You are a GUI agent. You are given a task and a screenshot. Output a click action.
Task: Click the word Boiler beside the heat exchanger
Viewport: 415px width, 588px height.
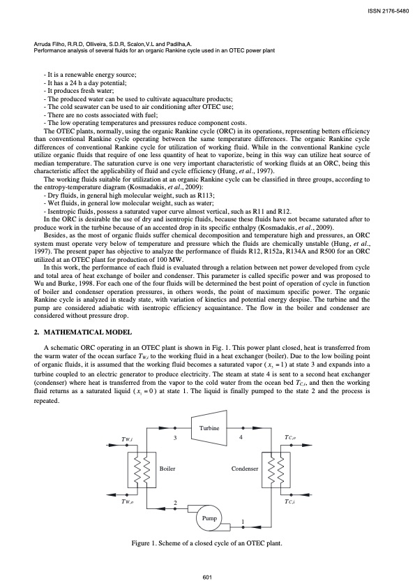tap(167, 468)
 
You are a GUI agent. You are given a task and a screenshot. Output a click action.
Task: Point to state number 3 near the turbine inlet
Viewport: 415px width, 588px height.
tap(176, 437)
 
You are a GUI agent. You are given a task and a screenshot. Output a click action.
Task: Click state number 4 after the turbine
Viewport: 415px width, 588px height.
tap(241, 437)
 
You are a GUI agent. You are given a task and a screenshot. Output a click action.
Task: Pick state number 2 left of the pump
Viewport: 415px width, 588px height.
tap(175, 503)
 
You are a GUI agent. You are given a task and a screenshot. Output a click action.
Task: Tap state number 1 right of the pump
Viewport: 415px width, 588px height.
tap(242, 522)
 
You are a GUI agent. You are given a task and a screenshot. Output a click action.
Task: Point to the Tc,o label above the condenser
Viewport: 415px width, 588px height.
tap(291, 438)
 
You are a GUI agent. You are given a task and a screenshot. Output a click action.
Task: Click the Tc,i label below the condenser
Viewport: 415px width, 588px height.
tap(290, 501)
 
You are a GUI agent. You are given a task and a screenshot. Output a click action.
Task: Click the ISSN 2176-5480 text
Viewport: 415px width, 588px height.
tap(384, 10)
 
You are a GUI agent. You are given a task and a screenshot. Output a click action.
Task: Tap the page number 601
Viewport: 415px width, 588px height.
tap(207, 576)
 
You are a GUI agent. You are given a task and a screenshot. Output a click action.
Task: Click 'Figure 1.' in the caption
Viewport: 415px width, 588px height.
tap(147, 543)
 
